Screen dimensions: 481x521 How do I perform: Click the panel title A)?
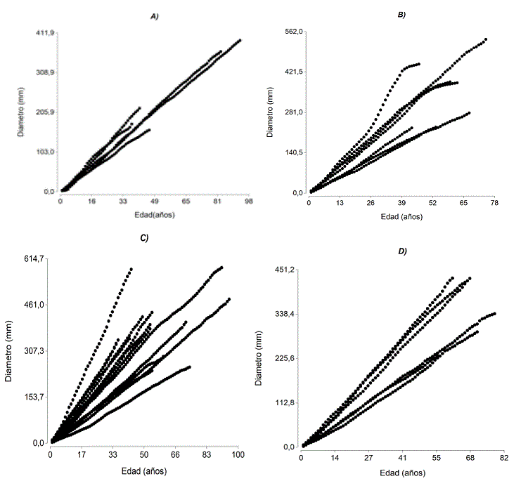pos(154,15)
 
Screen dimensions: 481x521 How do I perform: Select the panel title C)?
pos(143,239)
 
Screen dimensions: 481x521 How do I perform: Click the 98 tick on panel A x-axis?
pos(249,202)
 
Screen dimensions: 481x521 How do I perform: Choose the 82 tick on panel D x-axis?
pos(503,457)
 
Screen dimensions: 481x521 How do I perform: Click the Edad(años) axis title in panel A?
pos(153,214)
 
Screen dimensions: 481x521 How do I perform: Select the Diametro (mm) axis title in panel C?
pos(10,350)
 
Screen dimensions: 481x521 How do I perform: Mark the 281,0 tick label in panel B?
pos(292,112)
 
